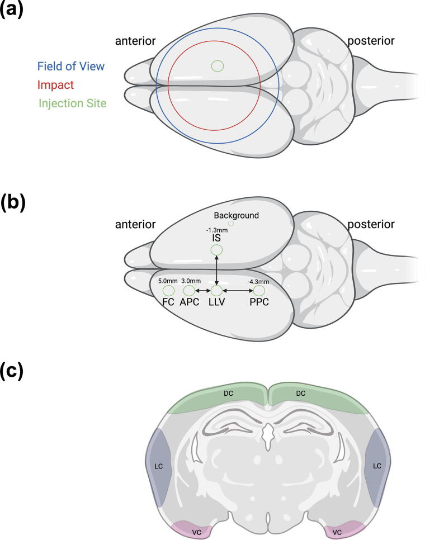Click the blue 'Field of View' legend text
tap(70, 67)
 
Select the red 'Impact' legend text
tap(55, 84)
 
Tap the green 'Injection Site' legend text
tap(72, 103)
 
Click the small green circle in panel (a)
tap(218, 66)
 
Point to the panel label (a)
tap(12, 10)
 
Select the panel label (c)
tap(12, 370)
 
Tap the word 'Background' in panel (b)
tap(237, 215)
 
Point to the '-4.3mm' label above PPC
tap(258, 281)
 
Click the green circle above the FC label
tap(168, 291)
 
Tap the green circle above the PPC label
tap(258, 291)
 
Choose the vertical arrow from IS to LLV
tap(216, 271)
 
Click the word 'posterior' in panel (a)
tap(371, 41)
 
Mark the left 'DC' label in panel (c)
tap(228, 394)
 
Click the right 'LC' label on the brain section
tap(377, 466)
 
